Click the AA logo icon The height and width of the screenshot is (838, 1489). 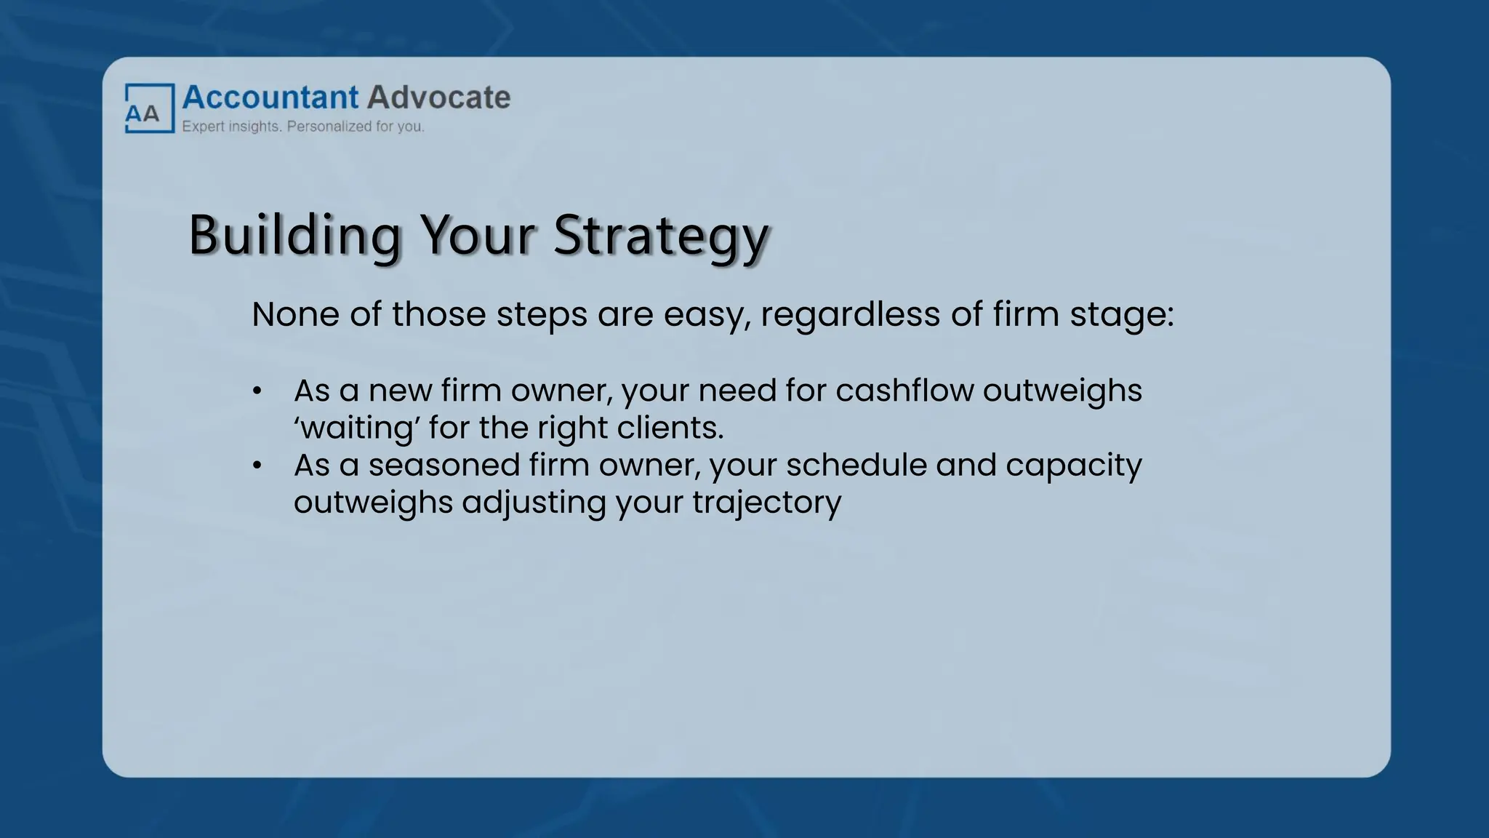[150, 108]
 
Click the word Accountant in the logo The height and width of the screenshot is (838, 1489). [270, 97]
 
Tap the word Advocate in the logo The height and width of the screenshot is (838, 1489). [438, 97]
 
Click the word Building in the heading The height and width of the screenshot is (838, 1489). [294, 236]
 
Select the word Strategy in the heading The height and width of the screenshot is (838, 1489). [660, 236]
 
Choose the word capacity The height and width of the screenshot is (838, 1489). [1074, 466]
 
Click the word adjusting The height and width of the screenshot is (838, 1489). [534, 503]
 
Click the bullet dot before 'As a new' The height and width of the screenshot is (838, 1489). [257, 391]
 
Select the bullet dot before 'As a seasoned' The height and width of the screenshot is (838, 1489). [257, 466]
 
